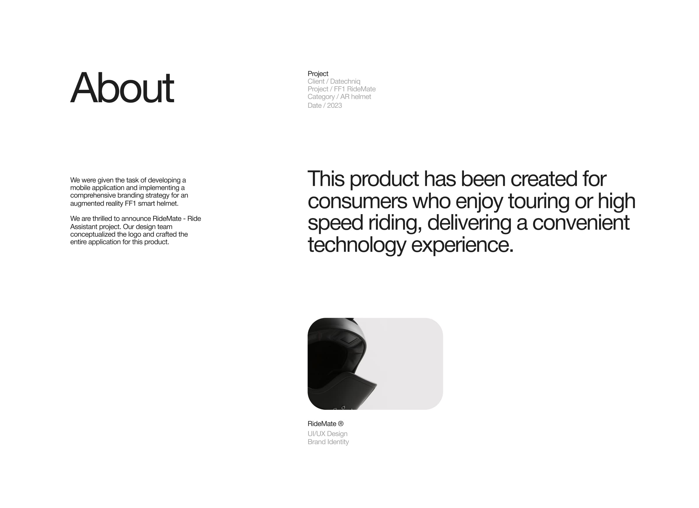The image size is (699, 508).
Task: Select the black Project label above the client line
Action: (x=318, y=74)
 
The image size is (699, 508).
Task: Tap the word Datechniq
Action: (x=345, y=81)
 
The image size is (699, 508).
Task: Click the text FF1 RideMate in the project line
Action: (x=354, y=89)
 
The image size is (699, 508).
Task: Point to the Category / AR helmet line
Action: (x=339, y=97)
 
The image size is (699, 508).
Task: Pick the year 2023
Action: (x=334, y=105)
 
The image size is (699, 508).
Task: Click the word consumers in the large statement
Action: (x=357, y=201)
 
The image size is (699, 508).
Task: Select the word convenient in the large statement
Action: (x=581, y=223)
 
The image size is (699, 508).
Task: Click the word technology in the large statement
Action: (x=356, y=245)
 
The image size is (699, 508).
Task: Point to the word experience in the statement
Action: (x=462, y=245)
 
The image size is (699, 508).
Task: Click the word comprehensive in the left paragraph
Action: (x=93, y=195)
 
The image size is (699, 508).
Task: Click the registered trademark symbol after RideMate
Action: (x=340, y=424)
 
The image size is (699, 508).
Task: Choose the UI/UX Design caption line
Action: (x=327, y=434)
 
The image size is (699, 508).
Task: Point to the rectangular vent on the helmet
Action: (x=349, y=339)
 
